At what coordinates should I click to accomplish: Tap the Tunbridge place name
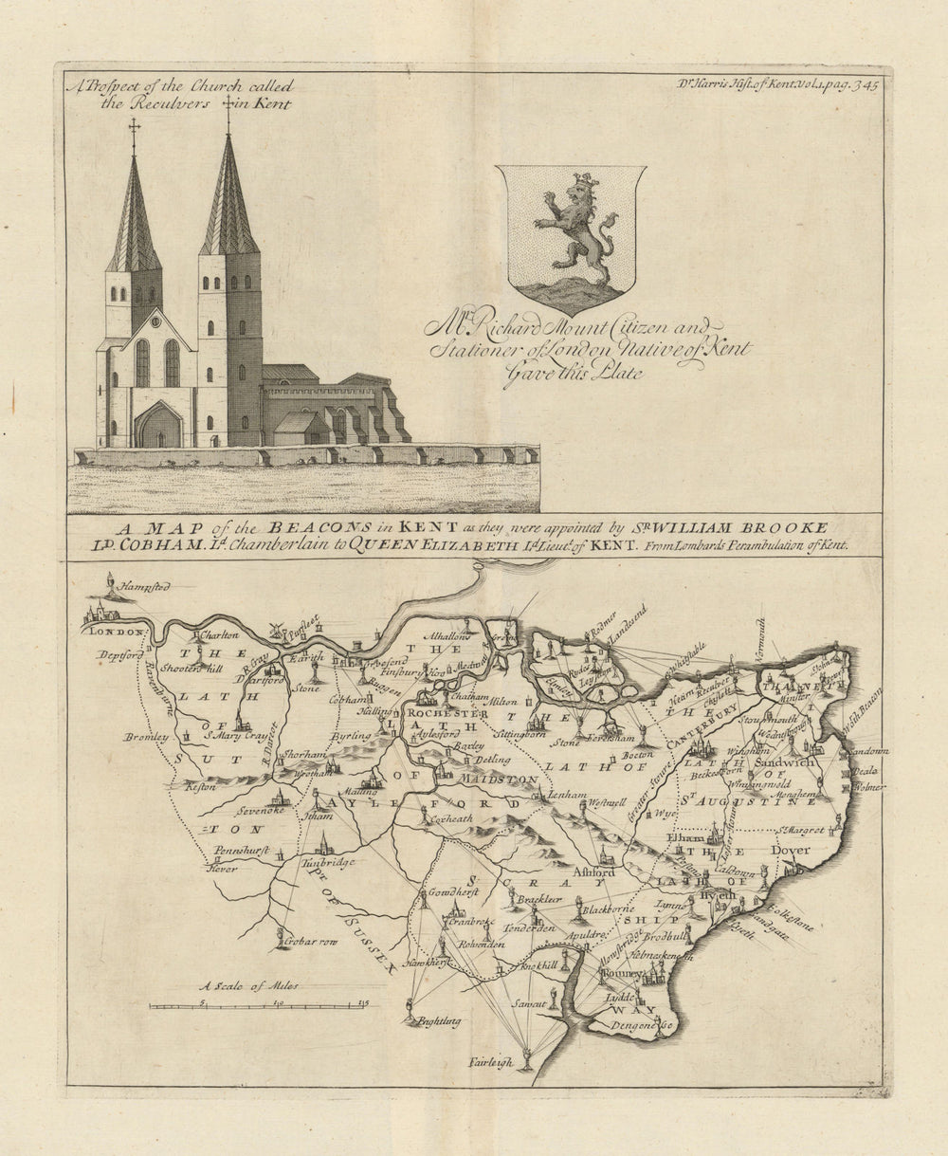click(328, 863)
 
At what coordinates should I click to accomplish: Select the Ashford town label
click(593, 872)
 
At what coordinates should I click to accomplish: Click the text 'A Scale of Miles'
click(248, 986)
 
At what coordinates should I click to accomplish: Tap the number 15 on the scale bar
click(363, 1002)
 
